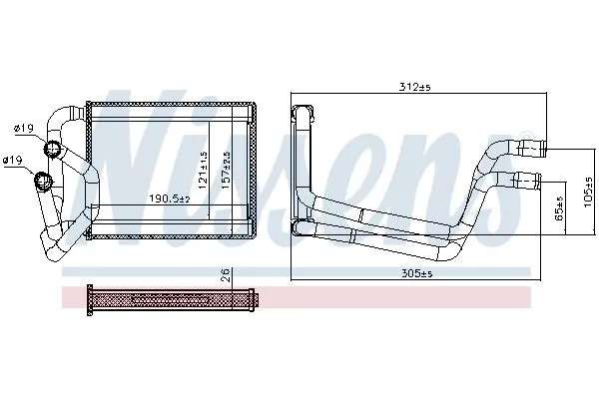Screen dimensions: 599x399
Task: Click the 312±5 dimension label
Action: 414,87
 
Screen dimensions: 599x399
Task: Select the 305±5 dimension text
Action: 416,273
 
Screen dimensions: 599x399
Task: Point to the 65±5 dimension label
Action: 560,208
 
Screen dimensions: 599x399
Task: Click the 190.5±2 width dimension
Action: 170,199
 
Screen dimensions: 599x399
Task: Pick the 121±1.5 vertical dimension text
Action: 203,170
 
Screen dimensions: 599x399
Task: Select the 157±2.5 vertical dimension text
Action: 227,170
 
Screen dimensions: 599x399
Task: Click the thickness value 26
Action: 227,275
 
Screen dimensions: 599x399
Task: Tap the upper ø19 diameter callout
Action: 24,129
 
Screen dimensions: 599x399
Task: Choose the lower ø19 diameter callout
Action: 13,160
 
